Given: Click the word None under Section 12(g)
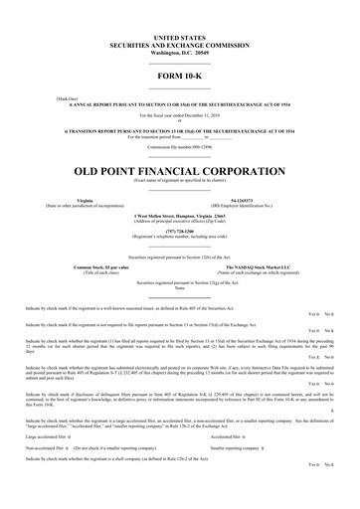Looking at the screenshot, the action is pos(179,288).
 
